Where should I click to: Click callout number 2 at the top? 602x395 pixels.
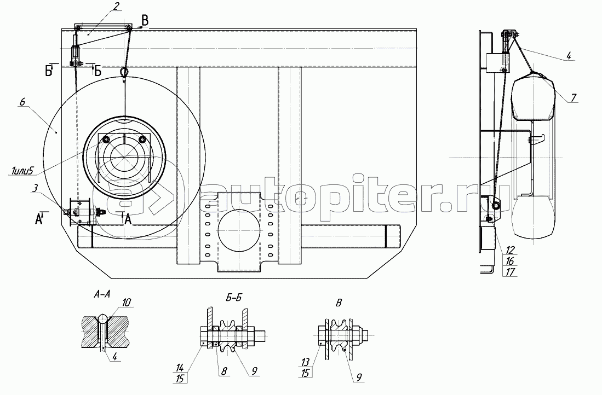(x=116, y=6)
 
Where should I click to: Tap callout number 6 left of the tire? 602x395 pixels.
(x=22, y=102)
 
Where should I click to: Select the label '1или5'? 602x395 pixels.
(x=21, y=170)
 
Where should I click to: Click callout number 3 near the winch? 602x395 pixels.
(x=35, y=188)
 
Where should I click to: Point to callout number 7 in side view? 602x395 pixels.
(x=573, y=97)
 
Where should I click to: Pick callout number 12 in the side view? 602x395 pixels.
(x=509, y=250)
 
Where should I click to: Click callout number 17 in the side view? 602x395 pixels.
(x=510, y=272)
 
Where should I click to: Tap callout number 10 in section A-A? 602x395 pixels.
(x=127, y=303)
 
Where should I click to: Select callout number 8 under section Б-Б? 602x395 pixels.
(x=224, y=371)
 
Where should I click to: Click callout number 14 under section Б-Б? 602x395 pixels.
(x=180, y=368)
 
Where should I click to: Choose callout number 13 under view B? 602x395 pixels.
(x=305, y=362)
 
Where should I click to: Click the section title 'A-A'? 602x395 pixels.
(x=102, y=294)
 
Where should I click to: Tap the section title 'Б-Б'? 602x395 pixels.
(x=234, y=297)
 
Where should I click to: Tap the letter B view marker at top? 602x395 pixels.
(x=145, y=19)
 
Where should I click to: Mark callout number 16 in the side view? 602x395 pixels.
(x=510, y=261)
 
